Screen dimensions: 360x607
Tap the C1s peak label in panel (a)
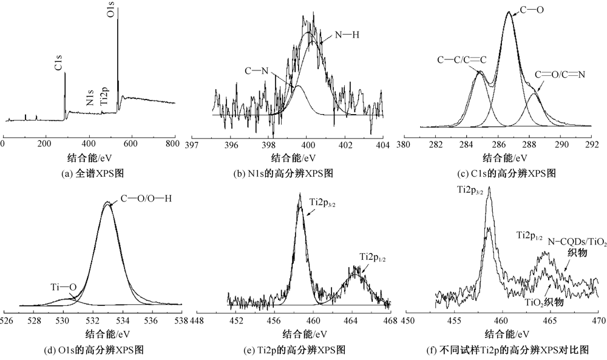coord(59,63)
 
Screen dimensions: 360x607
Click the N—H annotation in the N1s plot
coord(347,35)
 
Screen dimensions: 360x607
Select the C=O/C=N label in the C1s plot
coord(559,75)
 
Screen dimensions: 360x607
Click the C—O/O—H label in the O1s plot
coord(146,197)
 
